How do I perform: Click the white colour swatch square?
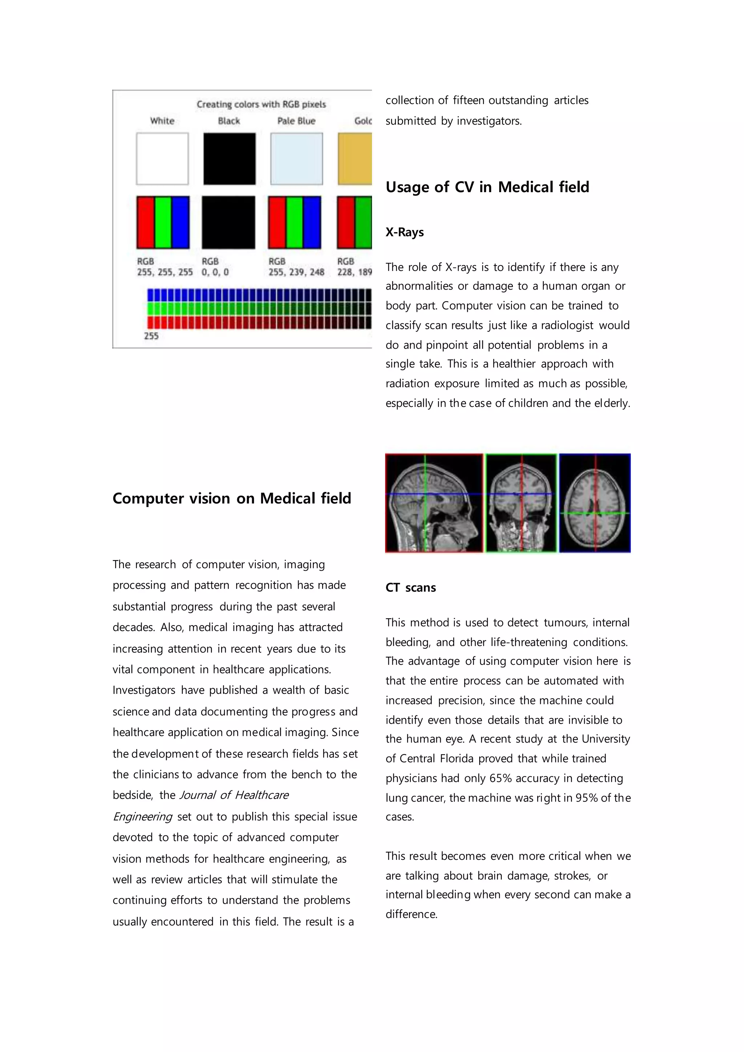tap(162, 158)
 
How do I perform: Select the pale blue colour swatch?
tap(296, 158)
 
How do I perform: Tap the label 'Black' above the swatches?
tap(229, 121)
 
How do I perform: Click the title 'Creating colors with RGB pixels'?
tap(261, 105)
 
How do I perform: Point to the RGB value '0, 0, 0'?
tap(215, 272)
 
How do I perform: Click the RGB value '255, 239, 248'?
tap(296, 272)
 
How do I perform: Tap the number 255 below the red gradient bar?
tap(151, 336)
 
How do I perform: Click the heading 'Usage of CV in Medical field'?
tap(487, 187)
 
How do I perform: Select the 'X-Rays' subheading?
tap(405, 232)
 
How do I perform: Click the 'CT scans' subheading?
tap(411, 587)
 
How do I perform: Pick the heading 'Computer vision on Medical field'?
tap(232, 498)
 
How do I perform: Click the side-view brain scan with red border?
tap(434, 503)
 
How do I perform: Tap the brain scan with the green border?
tap(521, 503)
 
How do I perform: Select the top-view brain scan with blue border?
tap(595, 503)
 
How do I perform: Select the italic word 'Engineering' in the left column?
tap(142, 817)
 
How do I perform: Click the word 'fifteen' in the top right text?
tap(468, 100)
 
